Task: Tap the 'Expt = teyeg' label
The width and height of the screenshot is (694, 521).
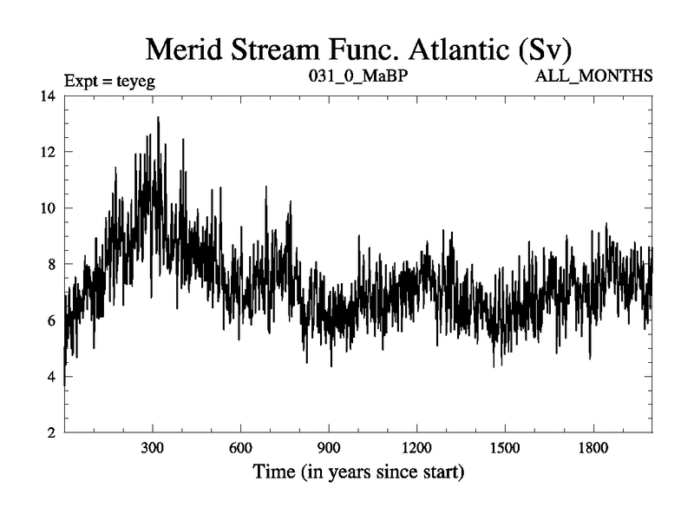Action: [109, 82]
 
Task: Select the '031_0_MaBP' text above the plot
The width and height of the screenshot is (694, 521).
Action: [358, 76]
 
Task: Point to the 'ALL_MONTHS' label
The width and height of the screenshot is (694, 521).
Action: [595, 76]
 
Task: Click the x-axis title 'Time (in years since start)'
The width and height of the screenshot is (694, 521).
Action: [358, 473]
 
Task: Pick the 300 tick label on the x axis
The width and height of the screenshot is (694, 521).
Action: [153, 449]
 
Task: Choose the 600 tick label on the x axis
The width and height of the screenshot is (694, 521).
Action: [240, 449]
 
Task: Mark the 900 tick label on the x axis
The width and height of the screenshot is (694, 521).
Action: [329, 449]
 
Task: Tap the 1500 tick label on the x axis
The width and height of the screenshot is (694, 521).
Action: [505, 449]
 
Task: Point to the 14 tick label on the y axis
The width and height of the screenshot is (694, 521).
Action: [48, 96]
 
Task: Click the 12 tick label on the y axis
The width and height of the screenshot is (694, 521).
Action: [48, 152]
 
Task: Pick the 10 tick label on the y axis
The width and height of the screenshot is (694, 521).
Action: [48, 208]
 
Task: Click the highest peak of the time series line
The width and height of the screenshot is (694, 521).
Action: [158, 117]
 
